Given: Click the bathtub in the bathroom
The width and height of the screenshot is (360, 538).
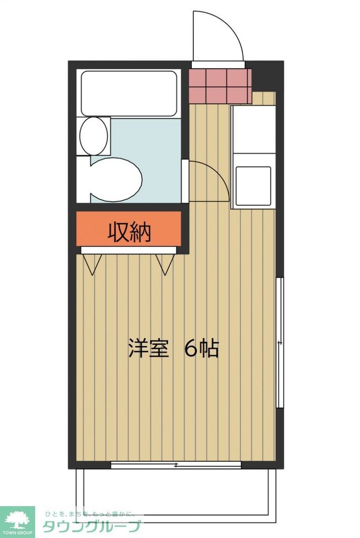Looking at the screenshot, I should click(x=129, y=93).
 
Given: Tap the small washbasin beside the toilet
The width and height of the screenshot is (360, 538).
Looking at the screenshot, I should click(x=94, y=136).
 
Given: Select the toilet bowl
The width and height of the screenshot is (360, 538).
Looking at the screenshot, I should click(x=117, y=179).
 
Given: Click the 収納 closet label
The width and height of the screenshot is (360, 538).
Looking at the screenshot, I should click(x=129, y=232).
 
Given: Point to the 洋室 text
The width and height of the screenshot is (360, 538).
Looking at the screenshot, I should click(x=148, y=348).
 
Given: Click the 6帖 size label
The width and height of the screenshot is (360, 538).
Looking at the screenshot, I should click(x=201, y=348).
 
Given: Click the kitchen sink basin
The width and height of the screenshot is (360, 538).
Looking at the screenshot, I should click(x=253, y=185).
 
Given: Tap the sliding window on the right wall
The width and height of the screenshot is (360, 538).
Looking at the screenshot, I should click(x=280, y=343).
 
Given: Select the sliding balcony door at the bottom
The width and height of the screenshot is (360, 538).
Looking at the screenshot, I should click(x=176, y=464).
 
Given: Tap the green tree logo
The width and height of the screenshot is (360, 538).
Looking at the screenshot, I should click(x=17, y=520).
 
